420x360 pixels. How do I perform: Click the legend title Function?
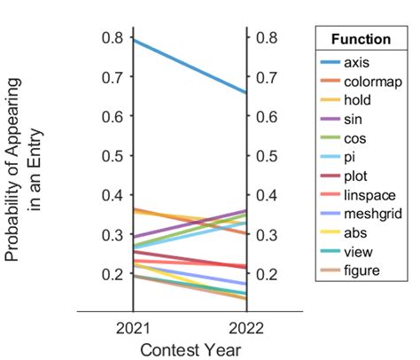360,40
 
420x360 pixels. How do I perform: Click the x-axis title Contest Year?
189,348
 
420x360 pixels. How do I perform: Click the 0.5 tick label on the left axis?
112,156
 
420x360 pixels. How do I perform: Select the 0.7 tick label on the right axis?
264,77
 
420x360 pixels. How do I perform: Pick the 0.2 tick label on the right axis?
264,275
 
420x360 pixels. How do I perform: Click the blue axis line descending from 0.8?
189,66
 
